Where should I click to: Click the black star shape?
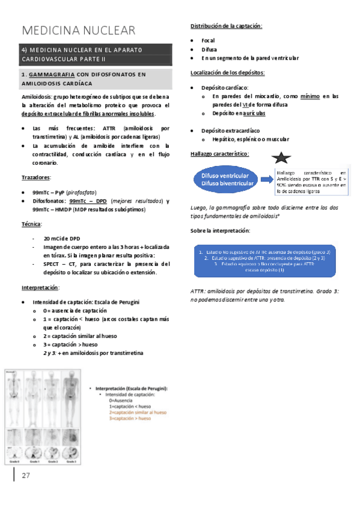click(283, 159)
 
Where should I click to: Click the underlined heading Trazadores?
click(36, 177)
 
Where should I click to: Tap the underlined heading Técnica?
click(32, 224)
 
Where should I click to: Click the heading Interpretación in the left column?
click(41, 287)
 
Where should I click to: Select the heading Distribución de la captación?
click(226, 26)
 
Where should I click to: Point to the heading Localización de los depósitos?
click(227, 73)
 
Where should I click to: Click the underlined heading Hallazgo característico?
click(220, 153)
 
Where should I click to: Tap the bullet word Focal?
click(209, 40)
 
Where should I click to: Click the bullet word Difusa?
click(210, 49)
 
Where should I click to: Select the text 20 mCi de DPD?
click(62, 238)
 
